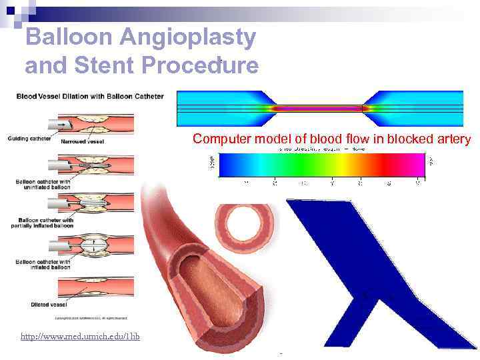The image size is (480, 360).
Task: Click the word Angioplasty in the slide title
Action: [x=187, y=39]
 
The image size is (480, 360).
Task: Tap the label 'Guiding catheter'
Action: [x=29, y=139]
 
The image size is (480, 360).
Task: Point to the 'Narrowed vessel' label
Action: [x=82, y=141]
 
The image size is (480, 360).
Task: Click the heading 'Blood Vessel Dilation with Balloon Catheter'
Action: [x=90, y=97]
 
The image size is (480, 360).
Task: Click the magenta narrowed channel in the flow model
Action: [x=317, y=108]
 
